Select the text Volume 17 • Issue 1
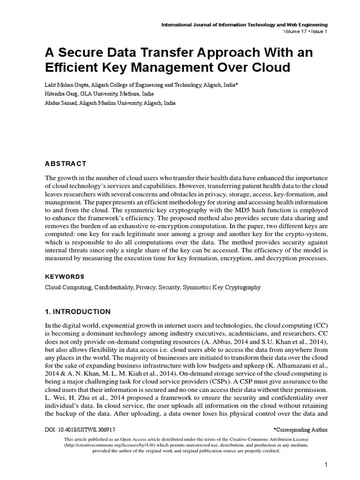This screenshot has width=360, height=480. pos(305,31)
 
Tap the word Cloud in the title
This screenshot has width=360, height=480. pos(268,67)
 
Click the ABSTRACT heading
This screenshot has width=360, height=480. pos(66,164)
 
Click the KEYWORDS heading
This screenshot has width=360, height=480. pos(65,277)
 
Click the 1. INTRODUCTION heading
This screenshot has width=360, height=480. pos(78,312)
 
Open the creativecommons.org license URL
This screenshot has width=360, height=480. pos(104,445)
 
